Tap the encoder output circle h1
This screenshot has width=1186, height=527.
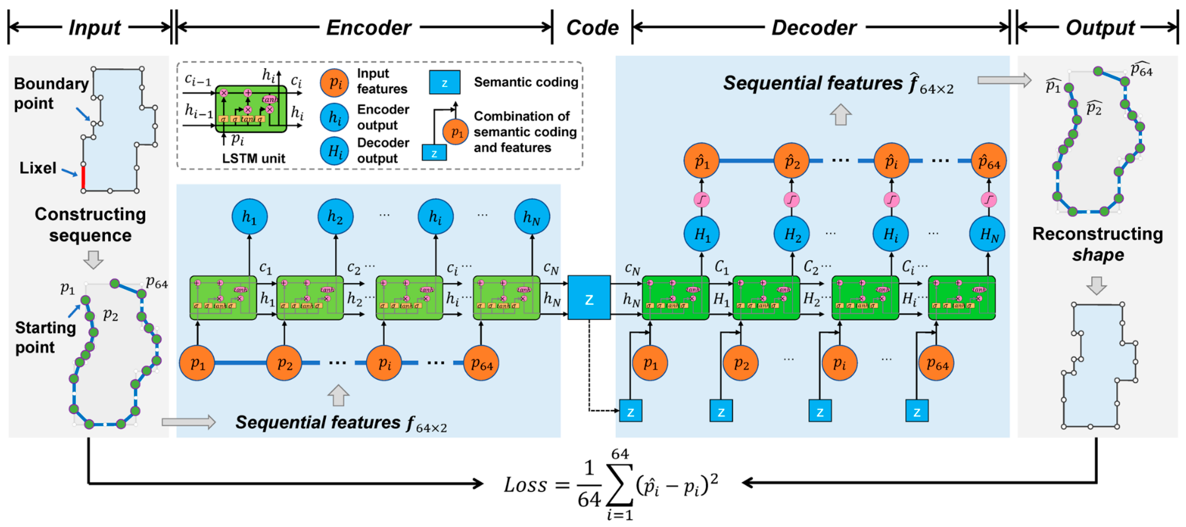pos(249,216)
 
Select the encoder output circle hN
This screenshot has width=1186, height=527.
pos(532,216)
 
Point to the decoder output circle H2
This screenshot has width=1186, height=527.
pos(792,234)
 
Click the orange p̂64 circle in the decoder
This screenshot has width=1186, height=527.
pos(989,161)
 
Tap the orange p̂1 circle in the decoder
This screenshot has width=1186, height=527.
pos(701,161)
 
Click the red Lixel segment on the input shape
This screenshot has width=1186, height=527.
pos(83,177)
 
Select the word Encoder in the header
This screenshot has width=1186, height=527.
pos(368,28)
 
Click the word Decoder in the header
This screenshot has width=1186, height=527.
pos(814,28)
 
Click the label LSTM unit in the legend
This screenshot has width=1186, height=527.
pos(253,158)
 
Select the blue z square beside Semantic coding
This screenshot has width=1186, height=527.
pos(444,82)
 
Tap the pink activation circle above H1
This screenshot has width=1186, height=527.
pos(701,199)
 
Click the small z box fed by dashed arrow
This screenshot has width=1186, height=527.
pos(630,411)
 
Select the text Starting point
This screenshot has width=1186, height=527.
pos(45,337)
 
